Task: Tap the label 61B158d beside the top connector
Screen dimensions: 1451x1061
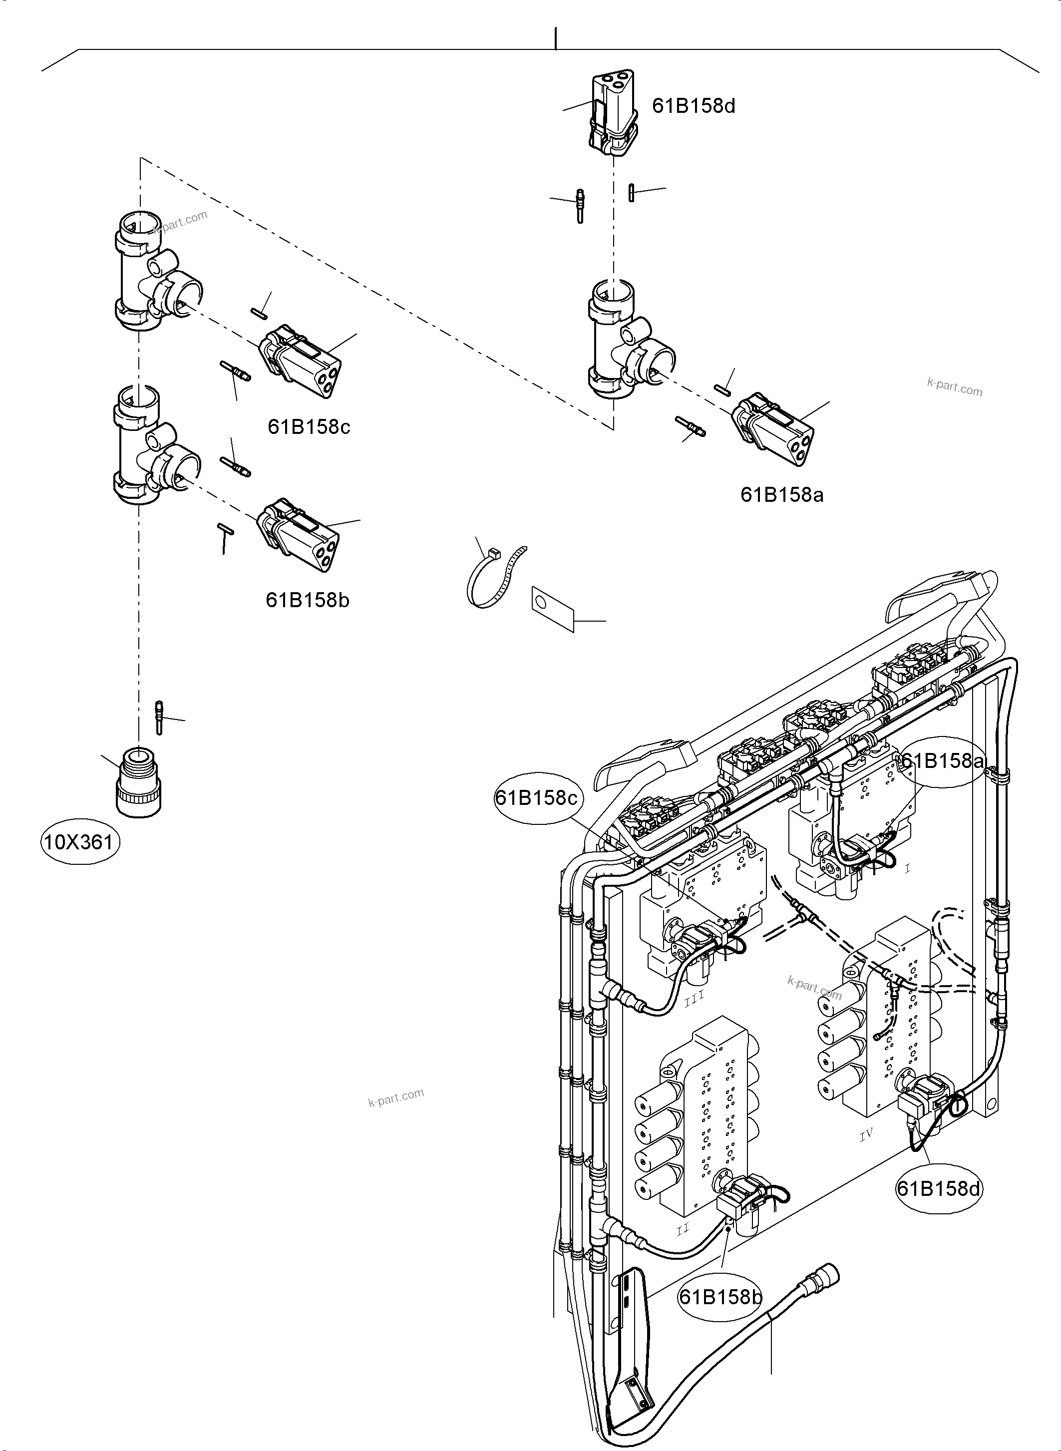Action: (694, 106)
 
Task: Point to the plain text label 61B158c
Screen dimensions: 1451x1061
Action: (309, 426)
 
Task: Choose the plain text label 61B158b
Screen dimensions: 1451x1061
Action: (308, 600)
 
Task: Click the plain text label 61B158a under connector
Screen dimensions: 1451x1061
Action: (781, 495)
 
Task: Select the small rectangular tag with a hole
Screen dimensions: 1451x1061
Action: (552, 608)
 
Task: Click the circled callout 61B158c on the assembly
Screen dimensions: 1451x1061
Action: (537, 798)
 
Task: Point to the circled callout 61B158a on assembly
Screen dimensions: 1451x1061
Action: (942, 761)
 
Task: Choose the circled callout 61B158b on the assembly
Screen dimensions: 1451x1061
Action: (720, 1297)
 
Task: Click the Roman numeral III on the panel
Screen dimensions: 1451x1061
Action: (695, 998)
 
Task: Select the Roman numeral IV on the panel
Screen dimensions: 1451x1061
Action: (866, 1135)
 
